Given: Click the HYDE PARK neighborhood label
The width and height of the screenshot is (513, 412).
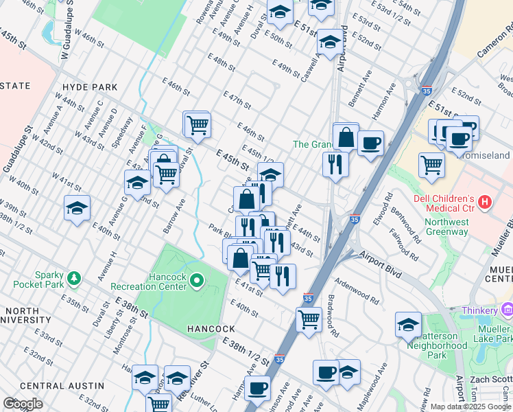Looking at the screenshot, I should coord(89,88).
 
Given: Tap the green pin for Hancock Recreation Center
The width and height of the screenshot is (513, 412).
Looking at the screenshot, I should coord(198,279).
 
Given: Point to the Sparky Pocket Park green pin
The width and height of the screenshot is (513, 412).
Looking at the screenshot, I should coord(73,279).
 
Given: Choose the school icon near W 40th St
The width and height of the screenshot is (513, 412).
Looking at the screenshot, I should coord(77,207).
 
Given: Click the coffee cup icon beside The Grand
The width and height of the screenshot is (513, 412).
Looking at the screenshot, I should coord(370,144).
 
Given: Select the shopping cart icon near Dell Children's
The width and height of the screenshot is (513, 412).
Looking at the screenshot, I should coord(431,164).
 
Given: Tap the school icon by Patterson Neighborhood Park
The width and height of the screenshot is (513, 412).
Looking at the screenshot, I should coord(408,324).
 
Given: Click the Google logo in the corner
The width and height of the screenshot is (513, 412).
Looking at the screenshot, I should coord(23,404).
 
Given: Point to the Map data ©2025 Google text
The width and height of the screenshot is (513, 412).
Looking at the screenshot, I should coord(470,406).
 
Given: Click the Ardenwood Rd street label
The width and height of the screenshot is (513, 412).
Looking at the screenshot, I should coord(357,291).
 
